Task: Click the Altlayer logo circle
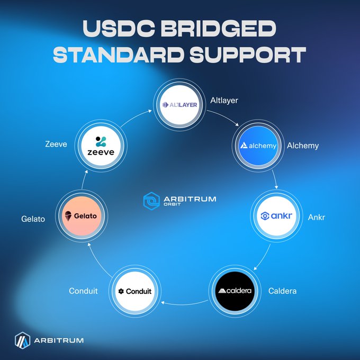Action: pyautogui.click(x=179, y=105)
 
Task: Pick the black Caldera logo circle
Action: pyautogui.click(x=237, y=291)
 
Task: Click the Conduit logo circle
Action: pyautogui.click(x=136, y=291)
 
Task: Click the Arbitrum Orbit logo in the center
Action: pyautogui.click(x=179, y=201)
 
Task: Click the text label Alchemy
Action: pyautogui.click(x=302, y=145)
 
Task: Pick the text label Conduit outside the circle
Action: pyautogui.click(x=83, y=291)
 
